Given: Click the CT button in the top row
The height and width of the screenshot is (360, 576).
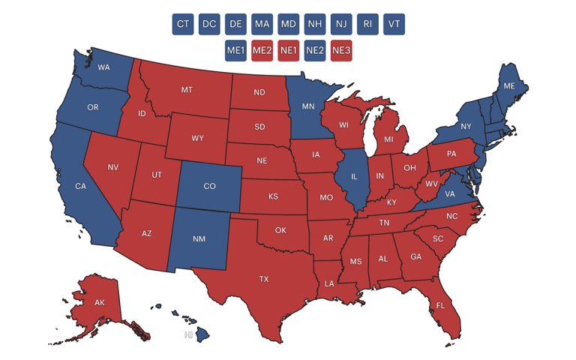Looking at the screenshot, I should click(x=183, y=24).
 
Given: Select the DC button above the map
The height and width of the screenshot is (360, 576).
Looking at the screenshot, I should click(x=209, y=24).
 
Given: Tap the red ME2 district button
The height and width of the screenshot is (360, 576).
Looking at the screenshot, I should click(x=262, y=51).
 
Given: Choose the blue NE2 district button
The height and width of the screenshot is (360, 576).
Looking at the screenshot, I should click(x=315, y=51).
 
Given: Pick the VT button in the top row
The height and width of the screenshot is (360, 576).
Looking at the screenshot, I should click(x=394, y=24).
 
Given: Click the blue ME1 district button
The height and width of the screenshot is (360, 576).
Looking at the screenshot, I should click(x=235, y=51).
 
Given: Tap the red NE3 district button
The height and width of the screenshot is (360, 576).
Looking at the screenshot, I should click(x=341, y=51).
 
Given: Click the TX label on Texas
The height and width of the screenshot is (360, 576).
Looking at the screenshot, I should click(x=264, y=279).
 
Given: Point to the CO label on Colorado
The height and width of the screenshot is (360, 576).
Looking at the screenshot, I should click(x=210, y=187).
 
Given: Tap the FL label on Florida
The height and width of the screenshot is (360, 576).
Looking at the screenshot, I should click(x=440, y=305).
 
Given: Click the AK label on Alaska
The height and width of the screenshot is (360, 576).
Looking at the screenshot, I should click(x=99, y=303).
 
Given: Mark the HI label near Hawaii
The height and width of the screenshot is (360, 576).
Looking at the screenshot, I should click(x=189, y=335).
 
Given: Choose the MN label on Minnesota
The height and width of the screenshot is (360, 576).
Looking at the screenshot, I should click(x=308, y=106).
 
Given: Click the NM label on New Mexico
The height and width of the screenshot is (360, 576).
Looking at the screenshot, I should click(x=199, y=239).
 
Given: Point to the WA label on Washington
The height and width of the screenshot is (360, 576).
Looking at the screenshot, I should click(x=104, y=68).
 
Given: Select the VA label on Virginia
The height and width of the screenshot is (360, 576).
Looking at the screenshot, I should click(x=450, y=193).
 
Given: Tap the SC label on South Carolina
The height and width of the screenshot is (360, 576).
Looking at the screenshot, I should click(x=438, y=239).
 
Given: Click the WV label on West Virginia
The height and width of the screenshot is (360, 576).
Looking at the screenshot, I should click(x=432, y=184).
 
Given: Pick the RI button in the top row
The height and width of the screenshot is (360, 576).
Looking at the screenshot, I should click(x=367, y=24).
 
